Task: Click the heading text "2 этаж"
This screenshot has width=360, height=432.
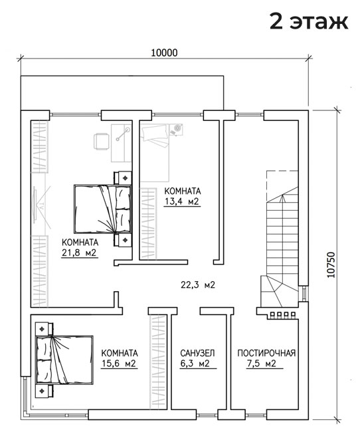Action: pyautogui.click(x=309, y=21)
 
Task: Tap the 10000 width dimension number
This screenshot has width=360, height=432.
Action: pyautogui.click(x=165, y=53)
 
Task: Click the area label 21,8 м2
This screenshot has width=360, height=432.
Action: pyautogui.click(x=79, y=253)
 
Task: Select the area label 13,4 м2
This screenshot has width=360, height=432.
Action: pyautogui.click(x=182, y=201)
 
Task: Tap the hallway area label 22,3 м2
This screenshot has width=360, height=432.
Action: pyautogui.click(x=198, y=284)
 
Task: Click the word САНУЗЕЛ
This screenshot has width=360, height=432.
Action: pyautogui.click(x=197, y=353)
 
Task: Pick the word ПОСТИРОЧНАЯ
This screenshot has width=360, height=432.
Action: pyautogui.click(x=266, y=353)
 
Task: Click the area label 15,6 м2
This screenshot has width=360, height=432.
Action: pyautogui.click(x=119, y=364)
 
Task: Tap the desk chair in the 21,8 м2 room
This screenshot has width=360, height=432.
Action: pyautogui.click(x=101, y=141)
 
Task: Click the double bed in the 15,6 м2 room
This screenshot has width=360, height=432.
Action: pyautogui.click(x=64, y=360)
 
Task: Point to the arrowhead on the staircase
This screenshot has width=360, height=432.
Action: pyautogui.click(x=282, y=197)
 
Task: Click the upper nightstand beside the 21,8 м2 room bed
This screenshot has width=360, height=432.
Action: pyautogui.click(x=123, y=177)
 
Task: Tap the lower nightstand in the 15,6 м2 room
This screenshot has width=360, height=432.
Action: pyautogui.click(x=44, y=391)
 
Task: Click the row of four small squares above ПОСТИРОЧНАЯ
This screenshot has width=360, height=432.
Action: pyautogui.click(x=283, y=314)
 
